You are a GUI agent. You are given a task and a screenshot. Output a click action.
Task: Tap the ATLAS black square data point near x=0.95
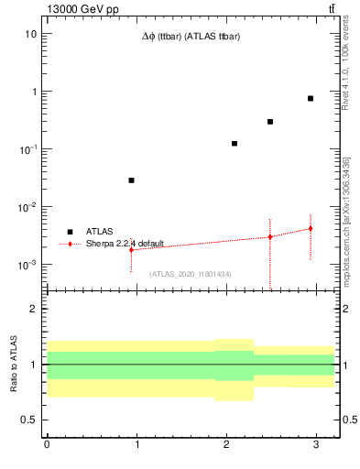click(132, 180)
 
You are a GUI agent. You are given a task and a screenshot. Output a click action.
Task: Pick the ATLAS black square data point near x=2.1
click(235, 144)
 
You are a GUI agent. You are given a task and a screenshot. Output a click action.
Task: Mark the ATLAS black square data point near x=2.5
click(270, 122)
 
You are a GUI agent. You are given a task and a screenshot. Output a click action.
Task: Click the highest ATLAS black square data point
click(311, 98)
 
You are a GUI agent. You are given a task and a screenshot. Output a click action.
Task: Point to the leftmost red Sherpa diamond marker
click(132, 249)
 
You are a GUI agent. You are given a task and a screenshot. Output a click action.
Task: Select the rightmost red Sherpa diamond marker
click(311, 228)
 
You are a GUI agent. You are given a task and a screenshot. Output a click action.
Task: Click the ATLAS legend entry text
click(100, 232)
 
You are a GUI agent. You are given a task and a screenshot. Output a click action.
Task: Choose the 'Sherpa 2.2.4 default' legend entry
click(125, 244)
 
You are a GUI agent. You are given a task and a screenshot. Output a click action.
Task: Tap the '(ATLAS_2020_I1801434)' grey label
click(191, 274)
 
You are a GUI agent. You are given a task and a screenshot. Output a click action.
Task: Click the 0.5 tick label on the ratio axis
click(27, 420)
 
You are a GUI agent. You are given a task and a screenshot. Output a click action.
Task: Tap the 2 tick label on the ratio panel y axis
click(33, 310)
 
